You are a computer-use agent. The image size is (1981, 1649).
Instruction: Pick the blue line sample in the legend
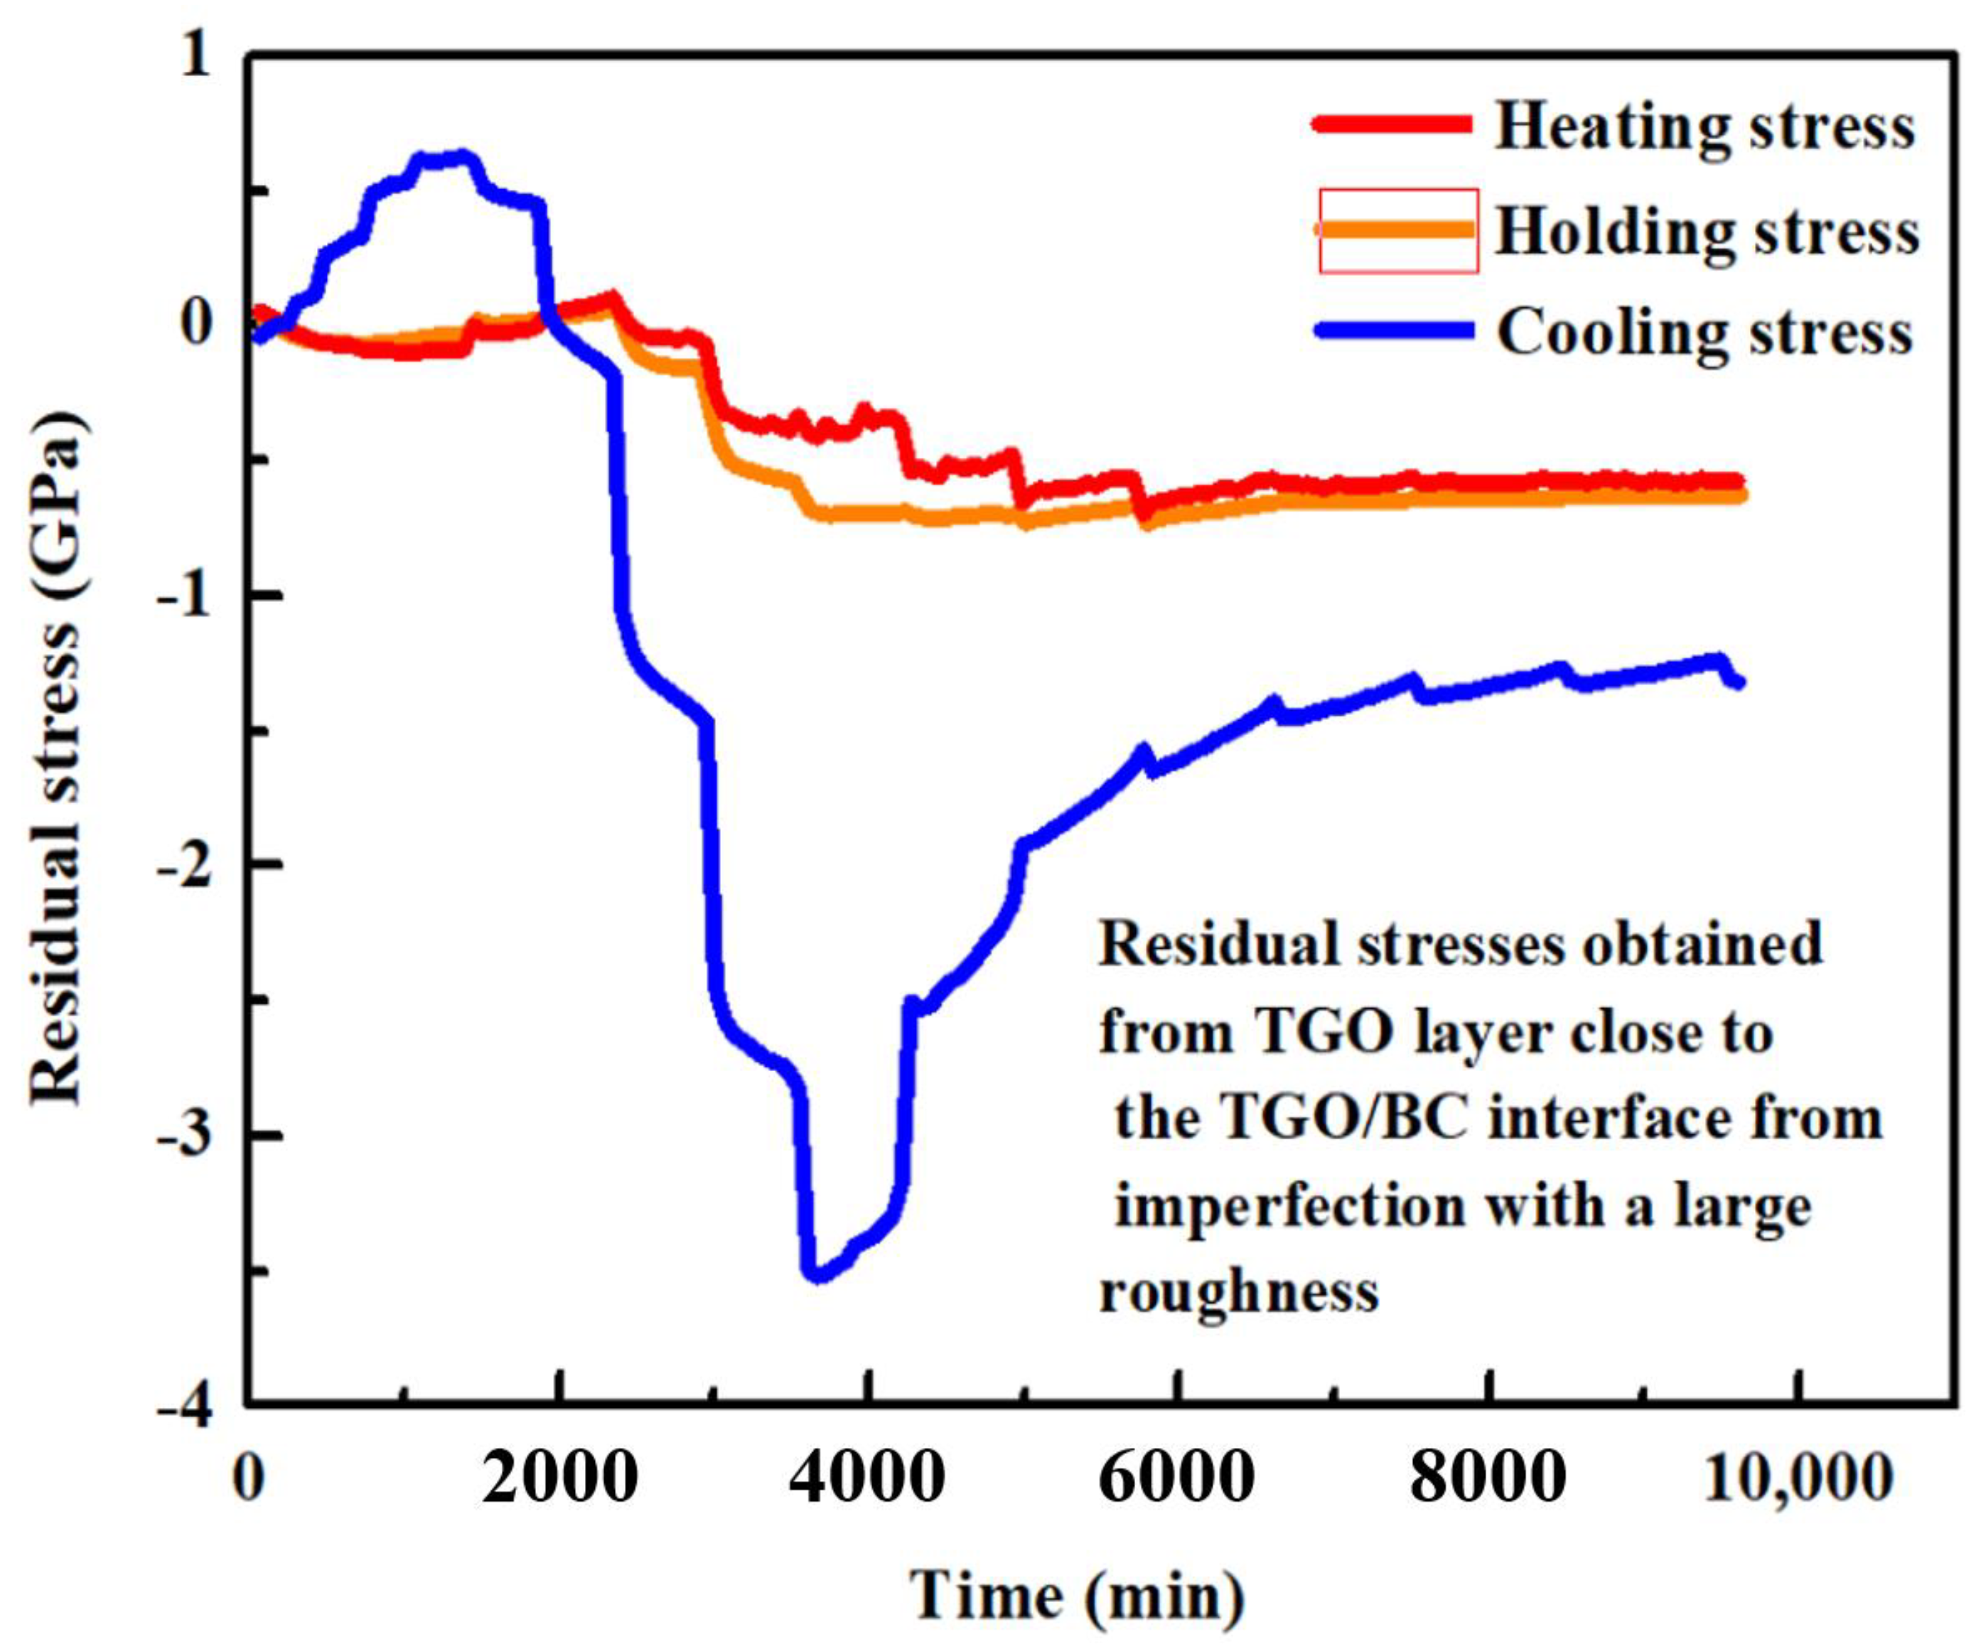(1395, 331)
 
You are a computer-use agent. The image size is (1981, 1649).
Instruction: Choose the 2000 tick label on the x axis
(560, 1477)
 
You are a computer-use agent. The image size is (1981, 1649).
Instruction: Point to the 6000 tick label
(1176, 1477)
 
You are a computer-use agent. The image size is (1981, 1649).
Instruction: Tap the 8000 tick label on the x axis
(1488, 1477)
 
